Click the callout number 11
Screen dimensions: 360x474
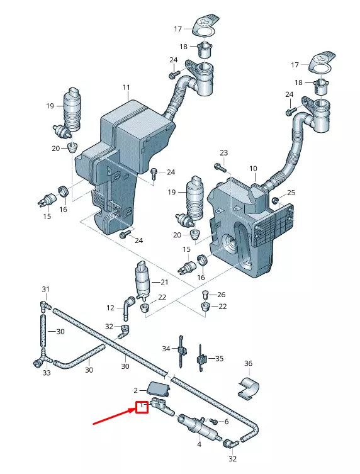point(126,87)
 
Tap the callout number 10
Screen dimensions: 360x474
point(253,169)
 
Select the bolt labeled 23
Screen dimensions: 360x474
point(220,167)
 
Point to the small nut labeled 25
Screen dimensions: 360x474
point(275,200)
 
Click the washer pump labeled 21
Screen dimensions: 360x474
point(142,280)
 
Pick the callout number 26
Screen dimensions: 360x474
point(222,295)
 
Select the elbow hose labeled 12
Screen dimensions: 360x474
point(128,308)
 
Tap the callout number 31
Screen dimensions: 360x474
point(45,290)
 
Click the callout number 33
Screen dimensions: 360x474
point(46,373)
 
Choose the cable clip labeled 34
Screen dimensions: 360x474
point(181,351)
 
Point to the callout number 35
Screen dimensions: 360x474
point(220,359)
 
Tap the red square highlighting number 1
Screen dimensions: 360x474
point(142,407)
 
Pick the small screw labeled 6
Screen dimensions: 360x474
point(213,421)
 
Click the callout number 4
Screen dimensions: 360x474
point(199,444)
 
